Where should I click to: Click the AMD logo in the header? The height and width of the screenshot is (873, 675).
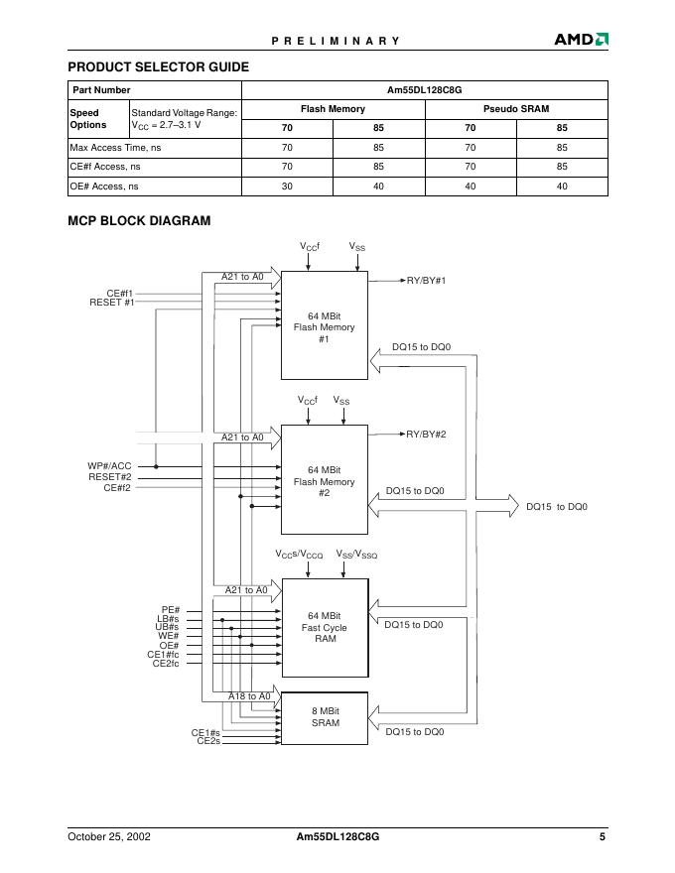[581, 40]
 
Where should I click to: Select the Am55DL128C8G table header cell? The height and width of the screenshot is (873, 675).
[424, 90]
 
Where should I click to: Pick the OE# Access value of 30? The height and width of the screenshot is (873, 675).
[287, 186]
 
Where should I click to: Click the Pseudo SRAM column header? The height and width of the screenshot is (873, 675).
[515, 109]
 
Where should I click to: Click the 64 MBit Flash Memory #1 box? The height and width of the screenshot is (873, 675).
[325, 325]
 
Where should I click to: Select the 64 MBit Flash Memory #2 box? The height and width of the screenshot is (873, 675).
[325, 480]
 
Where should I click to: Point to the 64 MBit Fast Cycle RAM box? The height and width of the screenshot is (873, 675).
[325, 627]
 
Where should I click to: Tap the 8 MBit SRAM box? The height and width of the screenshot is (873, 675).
[325, 717]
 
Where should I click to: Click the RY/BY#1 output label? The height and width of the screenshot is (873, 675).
[426, 281]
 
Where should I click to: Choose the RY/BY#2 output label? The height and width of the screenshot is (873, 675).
[426, 435]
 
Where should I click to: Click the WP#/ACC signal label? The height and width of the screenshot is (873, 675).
[109, 465]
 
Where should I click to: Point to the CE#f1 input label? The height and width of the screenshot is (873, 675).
[119, 294]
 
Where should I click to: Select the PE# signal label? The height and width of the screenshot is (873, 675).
[170, 610]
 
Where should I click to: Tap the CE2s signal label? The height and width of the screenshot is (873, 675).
[207, 741]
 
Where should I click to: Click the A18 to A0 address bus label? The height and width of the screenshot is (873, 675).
[249, 696]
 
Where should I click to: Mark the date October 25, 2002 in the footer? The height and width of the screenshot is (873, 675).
[109, 836]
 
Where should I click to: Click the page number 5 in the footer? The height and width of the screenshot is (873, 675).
[602, 836]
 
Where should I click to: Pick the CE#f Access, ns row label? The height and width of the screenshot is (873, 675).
[99, 167]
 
